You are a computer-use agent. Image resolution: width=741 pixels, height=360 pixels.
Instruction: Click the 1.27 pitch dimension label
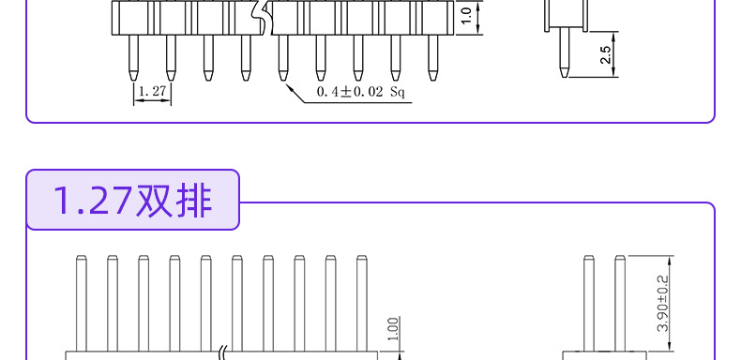pyautogui.click(x=153, y=91)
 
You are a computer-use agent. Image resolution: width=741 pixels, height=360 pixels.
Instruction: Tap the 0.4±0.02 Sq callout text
pyautogui.click(x=360, y=92)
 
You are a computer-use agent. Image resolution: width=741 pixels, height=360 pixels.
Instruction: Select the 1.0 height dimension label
pyautogui.click(x=466, y=16)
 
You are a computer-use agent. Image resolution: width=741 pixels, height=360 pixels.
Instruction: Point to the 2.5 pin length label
pyautogui.click(x=605, y=54)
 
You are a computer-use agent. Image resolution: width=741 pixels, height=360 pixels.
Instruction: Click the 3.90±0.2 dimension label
pyautogui.click(x=663, y=304)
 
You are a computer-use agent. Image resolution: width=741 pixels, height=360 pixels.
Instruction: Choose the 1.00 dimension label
pyautogui.click(x=395, y=328)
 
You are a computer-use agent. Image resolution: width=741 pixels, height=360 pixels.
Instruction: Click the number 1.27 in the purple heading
pyautogui.click(x=92, y=201)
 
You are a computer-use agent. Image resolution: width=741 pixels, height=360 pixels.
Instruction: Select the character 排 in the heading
pyautogui.click(x=193, y=201)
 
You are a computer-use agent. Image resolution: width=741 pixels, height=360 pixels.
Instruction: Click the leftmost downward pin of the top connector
pyautogui.click(x=134, y=57)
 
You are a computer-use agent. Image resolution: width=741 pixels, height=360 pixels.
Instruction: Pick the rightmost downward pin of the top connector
pyautogui.click(x=433, y=57)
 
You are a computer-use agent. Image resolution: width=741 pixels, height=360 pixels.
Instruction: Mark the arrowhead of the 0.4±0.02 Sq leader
pyautogui.click(x=289, y=88)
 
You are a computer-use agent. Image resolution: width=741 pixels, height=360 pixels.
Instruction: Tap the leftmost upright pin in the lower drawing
pyautogui.click(x=82, y=304)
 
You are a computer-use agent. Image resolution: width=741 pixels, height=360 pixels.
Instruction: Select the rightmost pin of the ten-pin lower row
pyautogui.click(x=362, y=304)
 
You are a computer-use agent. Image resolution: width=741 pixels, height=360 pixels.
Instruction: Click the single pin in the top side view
pyautogui.click(x=565, y=52)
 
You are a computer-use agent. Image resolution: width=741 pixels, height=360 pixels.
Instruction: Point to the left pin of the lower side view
pyautogui.click(x=589, y=304)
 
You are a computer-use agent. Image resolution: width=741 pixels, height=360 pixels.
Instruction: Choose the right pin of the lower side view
pyautogui.click(x=620, y=304)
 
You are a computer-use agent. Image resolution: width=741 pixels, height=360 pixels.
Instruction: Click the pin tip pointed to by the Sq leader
pyautogui.click(x=283, y=76)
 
